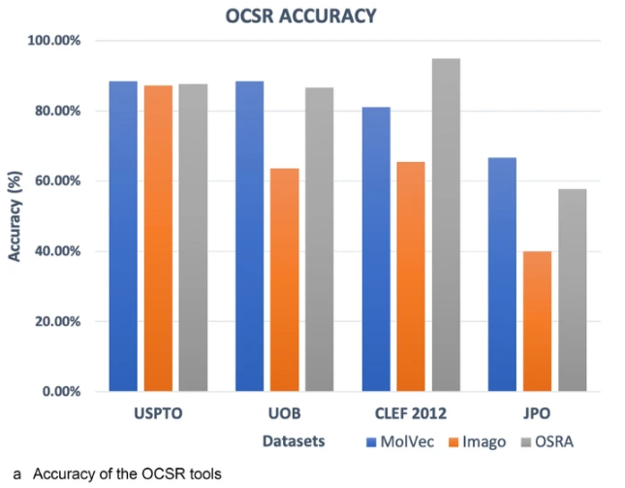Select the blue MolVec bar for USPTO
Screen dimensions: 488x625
123,237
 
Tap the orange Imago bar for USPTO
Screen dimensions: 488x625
158,239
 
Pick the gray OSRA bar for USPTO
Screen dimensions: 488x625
193,238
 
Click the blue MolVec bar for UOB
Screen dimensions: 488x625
249,237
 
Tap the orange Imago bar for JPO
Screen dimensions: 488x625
537,321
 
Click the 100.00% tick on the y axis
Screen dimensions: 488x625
55,41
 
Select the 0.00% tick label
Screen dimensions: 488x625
61,392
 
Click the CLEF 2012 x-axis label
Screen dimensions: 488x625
411,413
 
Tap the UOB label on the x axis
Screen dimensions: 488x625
284,413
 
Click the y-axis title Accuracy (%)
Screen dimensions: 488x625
14,216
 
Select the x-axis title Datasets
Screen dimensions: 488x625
293,441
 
